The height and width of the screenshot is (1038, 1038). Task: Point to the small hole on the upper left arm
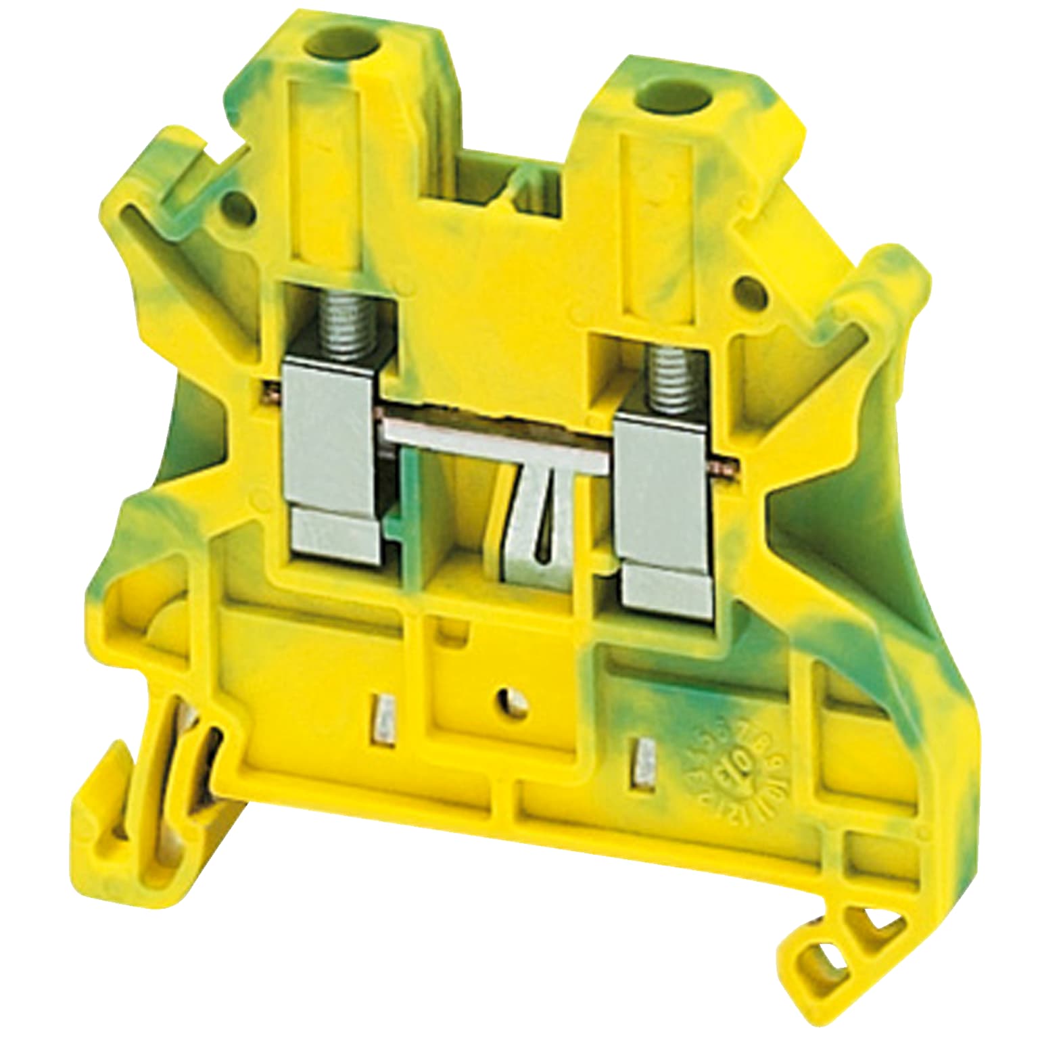click(236, 203)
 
